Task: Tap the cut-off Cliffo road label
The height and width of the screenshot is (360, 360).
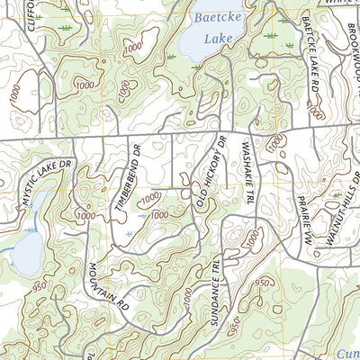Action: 34,13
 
